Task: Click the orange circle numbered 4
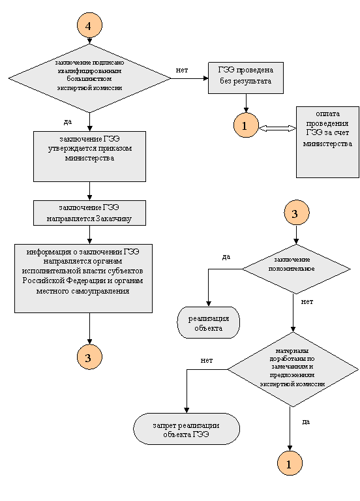pyautogui.click(x=89, y=25)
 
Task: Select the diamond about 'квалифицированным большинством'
pyautogui.click(x=89, y=78)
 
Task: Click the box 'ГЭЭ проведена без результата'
pyautogui.click(x=246, y=78)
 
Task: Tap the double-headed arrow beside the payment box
pyautogui.click(x=277, y=128)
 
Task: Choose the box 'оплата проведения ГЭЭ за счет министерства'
pyautogui.click(x=327, y=142)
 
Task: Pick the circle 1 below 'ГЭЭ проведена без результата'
pyautogui.click(x=246, y=125)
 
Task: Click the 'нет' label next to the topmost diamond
pyautogui.click(x=182, y=70)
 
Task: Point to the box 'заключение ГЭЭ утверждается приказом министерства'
pyautogui.click(x=89, y=157)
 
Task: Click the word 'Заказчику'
pyautogui.click(x=113, y=219)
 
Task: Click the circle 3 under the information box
pyautogui.click(x=89, y=357)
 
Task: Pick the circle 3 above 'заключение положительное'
pyautogui.click(x=297, y=213)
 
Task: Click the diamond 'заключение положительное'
pyautogui.click(x=296, y=269)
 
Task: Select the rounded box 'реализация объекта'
pyautogui.click(x=208, y=322)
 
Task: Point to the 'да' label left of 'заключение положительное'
pyautogui.click(x=226, y=257)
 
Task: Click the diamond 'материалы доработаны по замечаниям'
pyautogui.click(x=293, y=369)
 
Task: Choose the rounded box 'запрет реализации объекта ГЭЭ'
pyautogui.click(x=187, y=429)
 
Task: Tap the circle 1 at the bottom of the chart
pyautogui.click(x=290, y=464)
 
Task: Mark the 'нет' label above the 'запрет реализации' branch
pyautogui.click(x=206, y=360)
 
